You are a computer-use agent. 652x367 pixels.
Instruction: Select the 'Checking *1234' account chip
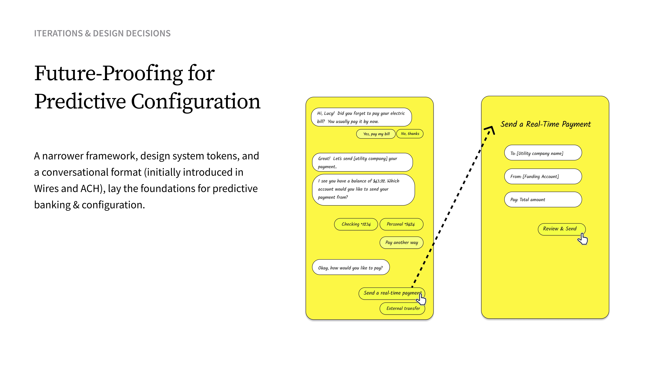pos(356,224)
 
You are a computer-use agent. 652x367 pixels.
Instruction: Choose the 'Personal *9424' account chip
pos(401,224)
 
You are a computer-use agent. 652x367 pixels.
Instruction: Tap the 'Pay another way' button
pos(401,242)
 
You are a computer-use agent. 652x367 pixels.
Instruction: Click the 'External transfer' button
pos(402,308)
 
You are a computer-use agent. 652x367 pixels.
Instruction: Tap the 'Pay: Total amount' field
pos(543,200)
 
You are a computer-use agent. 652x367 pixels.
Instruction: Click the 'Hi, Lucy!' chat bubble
pos(361,117)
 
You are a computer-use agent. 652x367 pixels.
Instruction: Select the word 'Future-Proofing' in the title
pos(108,73)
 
